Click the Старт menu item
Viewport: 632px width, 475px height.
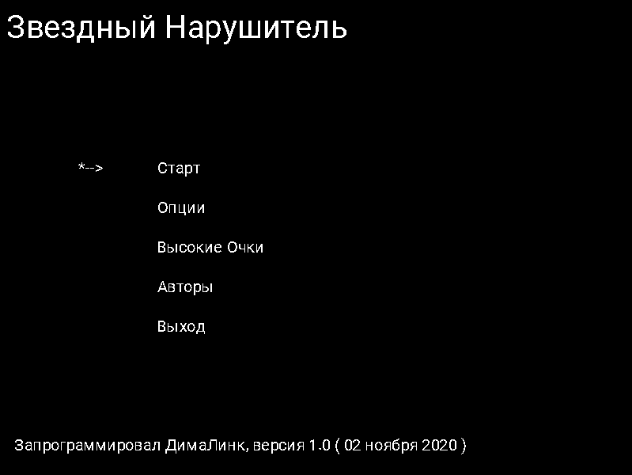click(179, 169)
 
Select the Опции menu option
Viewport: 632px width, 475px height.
click(181, 208)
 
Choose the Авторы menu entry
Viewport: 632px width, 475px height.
click(185, 287)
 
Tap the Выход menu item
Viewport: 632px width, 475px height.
click(181, 327)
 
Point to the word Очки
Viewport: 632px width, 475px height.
click(244, 248)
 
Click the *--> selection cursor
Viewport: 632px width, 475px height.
click(91, 168)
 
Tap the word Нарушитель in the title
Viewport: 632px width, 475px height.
click(256, 28)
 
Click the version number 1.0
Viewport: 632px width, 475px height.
click(319, 445)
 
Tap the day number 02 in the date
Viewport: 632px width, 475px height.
click(354, 445)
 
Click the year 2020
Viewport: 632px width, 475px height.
click(439, 445)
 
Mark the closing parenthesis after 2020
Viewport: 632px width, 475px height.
click(464, 446)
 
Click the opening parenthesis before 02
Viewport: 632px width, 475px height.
click(338, 446)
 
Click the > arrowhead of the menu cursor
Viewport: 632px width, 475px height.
click(100, 169)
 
